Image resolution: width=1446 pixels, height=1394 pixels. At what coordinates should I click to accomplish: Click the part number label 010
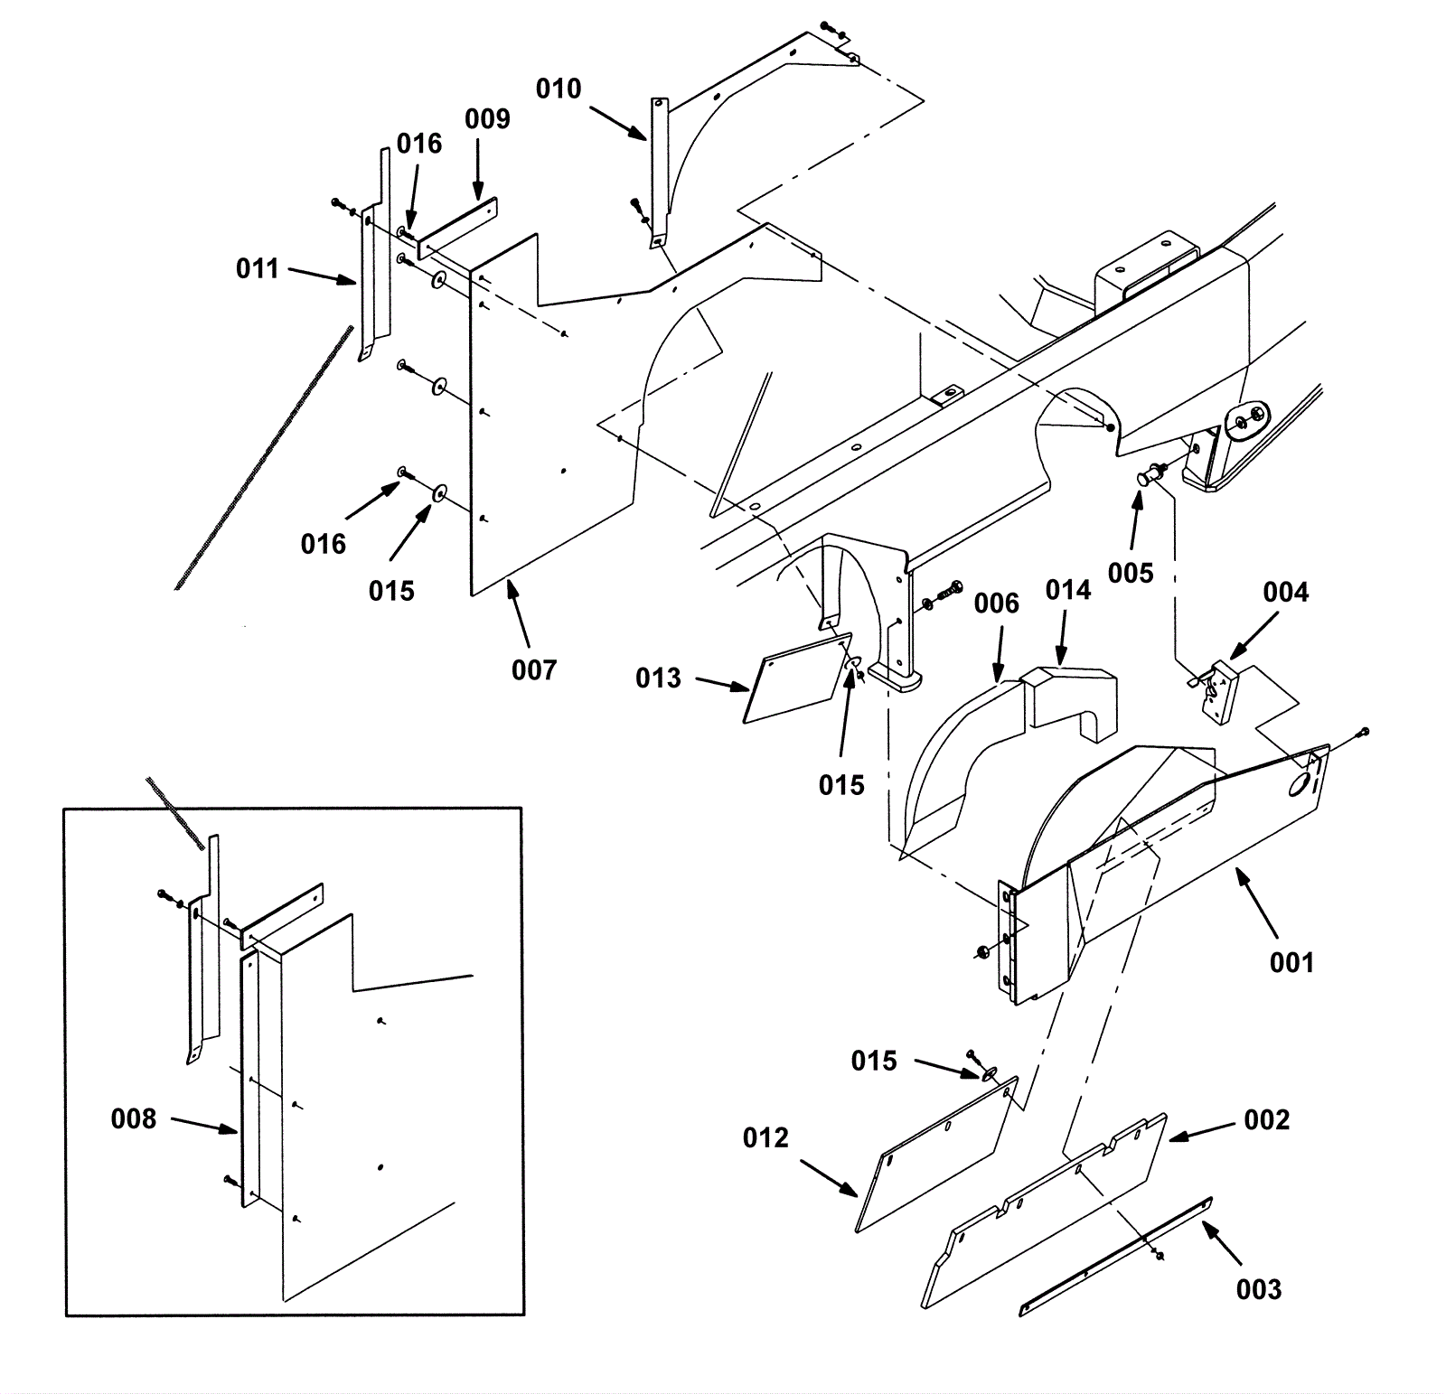[x=559, y=89]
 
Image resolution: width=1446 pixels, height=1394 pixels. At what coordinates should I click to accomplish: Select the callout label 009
[x=487, y=119]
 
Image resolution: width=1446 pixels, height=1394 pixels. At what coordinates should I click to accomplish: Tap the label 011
[x=257, y=268]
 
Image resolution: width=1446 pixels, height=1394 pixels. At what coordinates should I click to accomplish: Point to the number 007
[x=533, y=670]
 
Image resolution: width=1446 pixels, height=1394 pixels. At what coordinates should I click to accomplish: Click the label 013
[x=658, y=678]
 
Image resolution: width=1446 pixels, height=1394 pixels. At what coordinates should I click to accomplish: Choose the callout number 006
[x=996, y=603]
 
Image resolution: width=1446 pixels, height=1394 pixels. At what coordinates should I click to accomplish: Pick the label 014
[x=1068, y=591]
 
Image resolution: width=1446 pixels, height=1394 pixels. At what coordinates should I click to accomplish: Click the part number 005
[x=1131, y=574]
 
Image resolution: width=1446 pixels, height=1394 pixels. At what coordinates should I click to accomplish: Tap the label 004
[x=1285, y=593]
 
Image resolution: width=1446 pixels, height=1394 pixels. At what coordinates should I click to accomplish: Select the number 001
[x=1291, y=963]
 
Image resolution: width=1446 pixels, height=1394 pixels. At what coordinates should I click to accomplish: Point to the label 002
[x=1266, y=1120]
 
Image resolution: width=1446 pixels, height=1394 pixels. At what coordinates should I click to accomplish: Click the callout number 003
[x=1258, y=1290]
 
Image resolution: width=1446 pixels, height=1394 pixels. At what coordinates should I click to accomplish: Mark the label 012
[x=765, y=1138]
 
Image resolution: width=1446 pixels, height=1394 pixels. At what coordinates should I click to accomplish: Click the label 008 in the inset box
[x=133, y=1119]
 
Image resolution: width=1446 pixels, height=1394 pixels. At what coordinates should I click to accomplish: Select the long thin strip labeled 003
[x=1116, y=1256]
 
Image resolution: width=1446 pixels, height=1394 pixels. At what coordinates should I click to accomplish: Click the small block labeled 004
[x=1220, y=692]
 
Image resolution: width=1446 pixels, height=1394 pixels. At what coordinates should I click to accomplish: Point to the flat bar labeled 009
[x=457, y=230]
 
